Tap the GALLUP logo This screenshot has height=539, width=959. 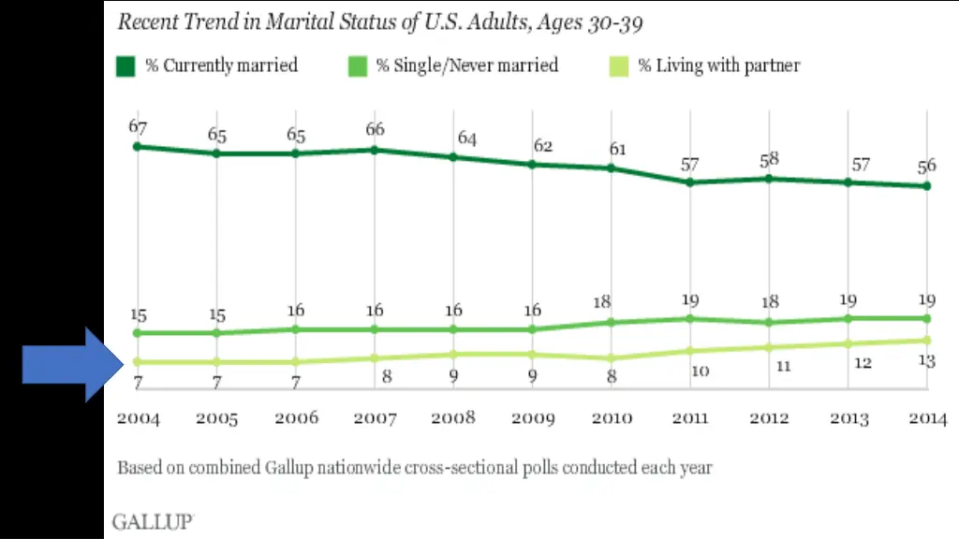(153, 521)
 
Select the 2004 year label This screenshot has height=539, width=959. (138, 418)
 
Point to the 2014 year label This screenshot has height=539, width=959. (926, 418)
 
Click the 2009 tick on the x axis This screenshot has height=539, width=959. (532, 418)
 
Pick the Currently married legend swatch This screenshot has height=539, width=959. (126, 66)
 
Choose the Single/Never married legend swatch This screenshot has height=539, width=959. (357, 66)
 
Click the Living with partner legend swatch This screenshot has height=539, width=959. (619, 66)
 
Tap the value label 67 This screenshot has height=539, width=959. (138, 126)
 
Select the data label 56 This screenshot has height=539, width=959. (926, 167)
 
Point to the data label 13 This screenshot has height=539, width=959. (926, 361)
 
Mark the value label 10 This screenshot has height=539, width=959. (700, 371)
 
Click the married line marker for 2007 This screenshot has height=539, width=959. (375, 149)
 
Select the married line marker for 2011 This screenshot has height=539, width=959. (690, 182)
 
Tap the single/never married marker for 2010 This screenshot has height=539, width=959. (612, 322)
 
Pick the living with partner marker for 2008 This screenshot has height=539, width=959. (453, 355)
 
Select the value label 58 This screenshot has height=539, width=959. (769, 159)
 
